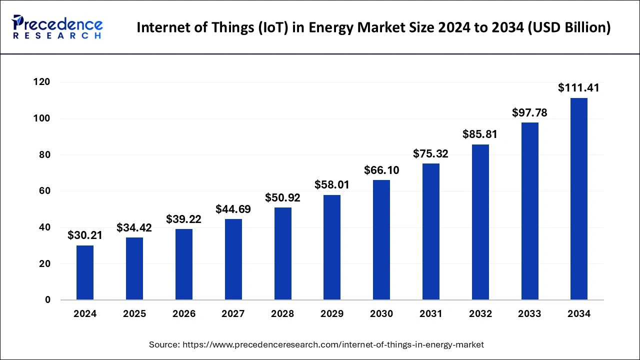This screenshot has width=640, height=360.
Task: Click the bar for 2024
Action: pos(85,272)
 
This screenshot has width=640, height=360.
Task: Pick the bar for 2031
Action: pos(430,231)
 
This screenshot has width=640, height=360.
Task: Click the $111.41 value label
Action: pos(578,88)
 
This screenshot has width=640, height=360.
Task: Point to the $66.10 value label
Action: pos(381,170)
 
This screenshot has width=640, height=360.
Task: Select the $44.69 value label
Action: pos(233,209)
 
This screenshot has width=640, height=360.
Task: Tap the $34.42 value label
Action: pos(134,228)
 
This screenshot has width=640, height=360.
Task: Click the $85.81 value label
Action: pos(480,134)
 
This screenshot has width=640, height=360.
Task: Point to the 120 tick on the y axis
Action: pos(42,82)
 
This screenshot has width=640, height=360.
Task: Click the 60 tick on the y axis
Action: pos(44,191)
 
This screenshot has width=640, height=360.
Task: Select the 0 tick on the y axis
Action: pos(47,300)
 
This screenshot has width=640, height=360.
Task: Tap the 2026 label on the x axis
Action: pos(184,314)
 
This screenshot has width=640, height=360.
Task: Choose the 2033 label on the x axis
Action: pos(529,314)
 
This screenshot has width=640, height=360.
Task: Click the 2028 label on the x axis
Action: pos(282,314)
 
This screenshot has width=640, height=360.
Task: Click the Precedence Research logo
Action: pos(57,27)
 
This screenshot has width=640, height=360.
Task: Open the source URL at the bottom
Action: pos(333,344)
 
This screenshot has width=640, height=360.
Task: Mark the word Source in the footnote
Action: pos(164,344)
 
